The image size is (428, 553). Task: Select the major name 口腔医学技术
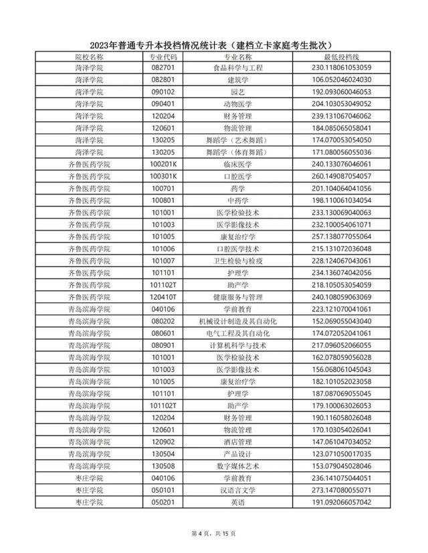238,248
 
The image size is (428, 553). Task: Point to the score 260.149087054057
332,176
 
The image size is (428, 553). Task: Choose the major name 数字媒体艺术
238,465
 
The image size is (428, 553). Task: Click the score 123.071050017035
332,453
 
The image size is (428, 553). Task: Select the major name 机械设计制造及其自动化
238,321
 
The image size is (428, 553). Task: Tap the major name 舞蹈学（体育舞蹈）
238,152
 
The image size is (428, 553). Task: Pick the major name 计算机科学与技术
238,345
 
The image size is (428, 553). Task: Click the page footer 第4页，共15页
214,533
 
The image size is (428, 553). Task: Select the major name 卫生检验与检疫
238,260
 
